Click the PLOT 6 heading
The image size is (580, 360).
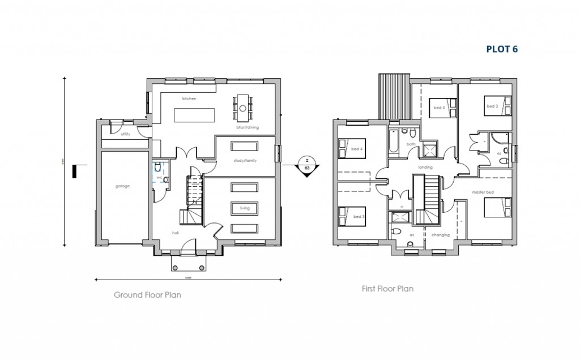tap(502, 49)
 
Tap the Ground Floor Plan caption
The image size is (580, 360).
tap(147, 295)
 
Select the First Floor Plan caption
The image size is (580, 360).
tap(387, 289)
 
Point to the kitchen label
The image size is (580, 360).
tap(189, 98)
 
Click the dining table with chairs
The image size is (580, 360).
tap(243, 108)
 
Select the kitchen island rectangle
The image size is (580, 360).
tap(195, 115)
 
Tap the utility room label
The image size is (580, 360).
tap(125, 134)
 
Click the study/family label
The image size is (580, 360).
tap(245, 160)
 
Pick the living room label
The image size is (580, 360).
tap(245, 208)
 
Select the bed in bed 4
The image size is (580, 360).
tap(347, 149)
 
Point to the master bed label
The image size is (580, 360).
tap(483, 192)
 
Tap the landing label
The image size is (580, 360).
tap(425, 168)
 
